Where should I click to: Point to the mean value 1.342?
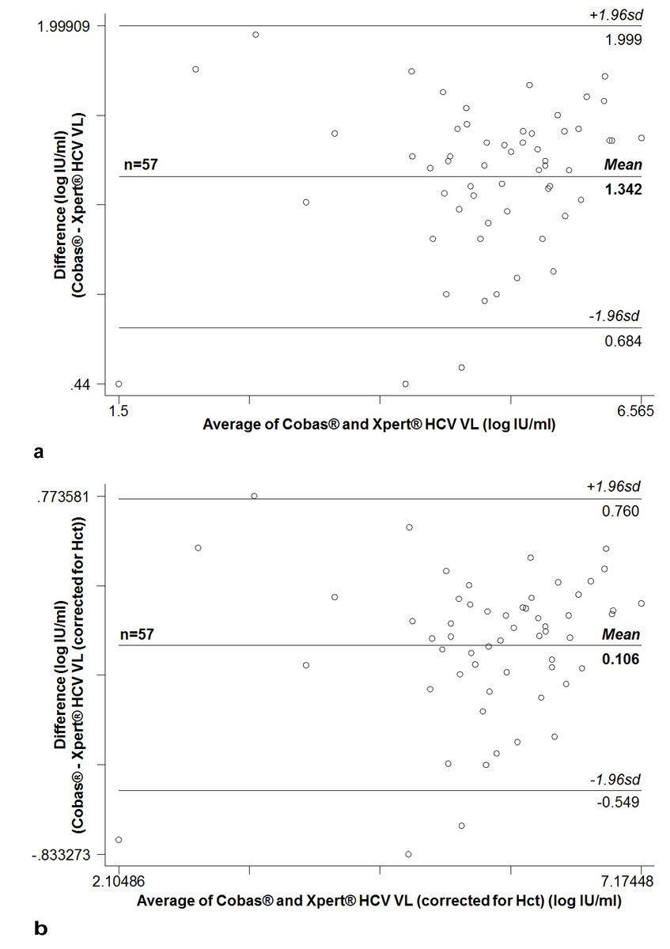pyautogui.click(x=623, y=190)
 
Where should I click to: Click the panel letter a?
pyautogui.click(x=39, y=452)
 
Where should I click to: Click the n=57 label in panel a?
pyautogui.click(x=140, y=166)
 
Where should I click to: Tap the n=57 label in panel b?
pyautogui.click(x=136, y=634)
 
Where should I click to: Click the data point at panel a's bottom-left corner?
pyautogui.click(x=119, y=384)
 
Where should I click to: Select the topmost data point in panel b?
pyautogui.click(x=254, y=496)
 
